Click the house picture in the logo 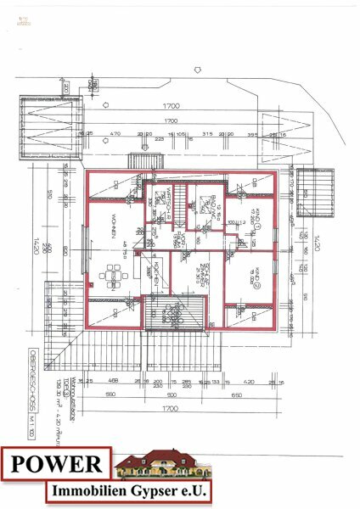pos(161,465)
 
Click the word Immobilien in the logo pos(85,492)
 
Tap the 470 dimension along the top pos(115,133)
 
